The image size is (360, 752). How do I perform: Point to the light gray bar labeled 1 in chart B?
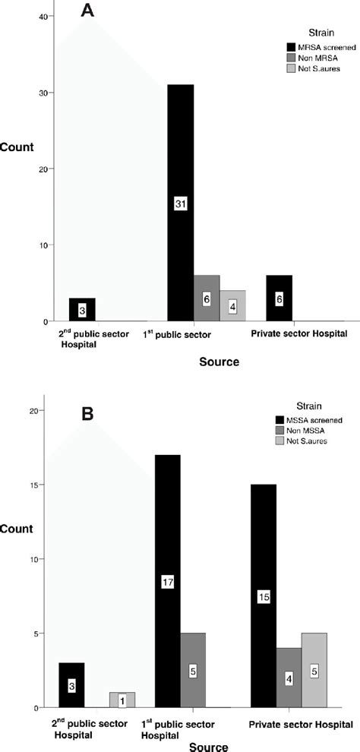[122, 700]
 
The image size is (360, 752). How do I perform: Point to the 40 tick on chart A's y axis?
[21, 16]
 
